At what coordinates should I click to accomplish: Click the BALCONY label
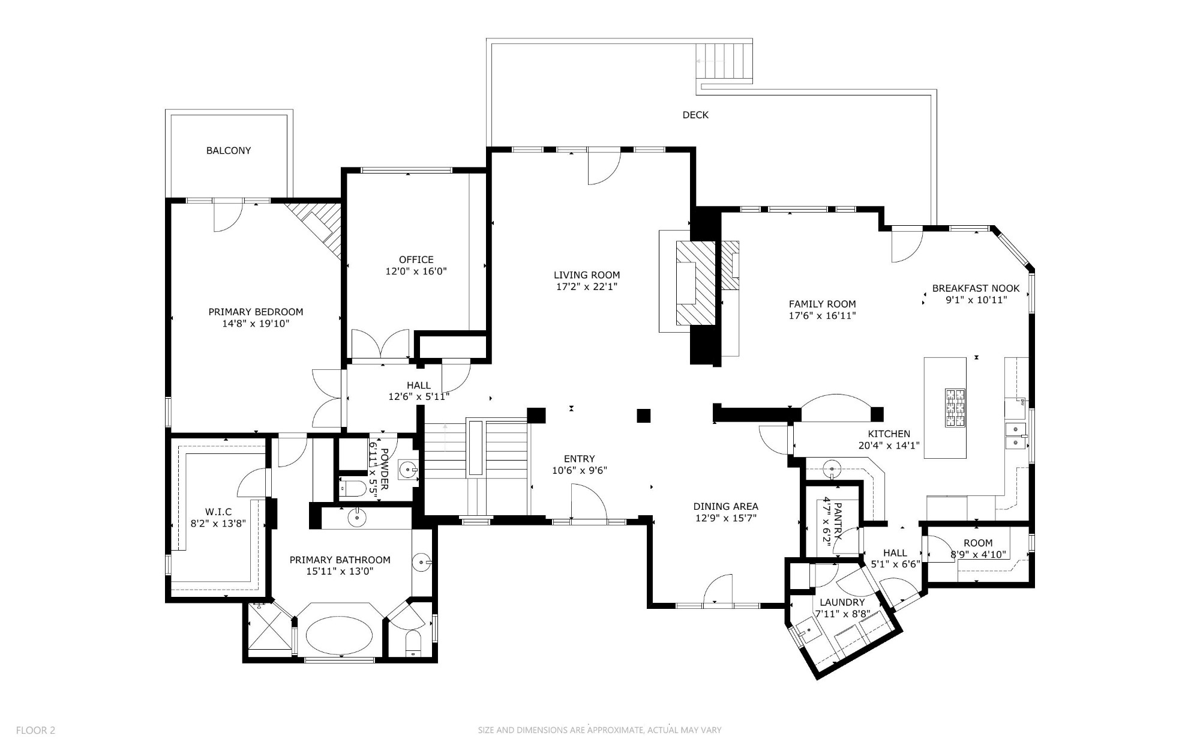pyautogui.click(x=229, y=151)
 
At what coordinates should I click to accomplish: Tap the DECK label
pyautogui.click(x=695, y=115)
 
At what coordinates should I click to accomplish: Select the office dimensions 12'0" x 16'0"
pyautogui.click(x=416, y=271)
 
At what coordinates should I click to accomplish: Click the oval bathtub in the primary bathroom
pyautogui.click(x=339, y=634)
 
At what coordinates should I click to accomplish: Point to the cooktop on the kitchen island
pyautogui.click(x=955, y=408)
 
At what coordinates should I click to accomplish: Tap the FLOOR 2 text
pyautogui.click(x=35, y=730)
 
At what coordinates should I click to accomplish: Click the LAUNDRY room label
pyautogui.click(x=842, y=602)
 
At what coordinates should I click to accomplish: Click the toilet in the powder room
pyautogui.click(x=354, y=488)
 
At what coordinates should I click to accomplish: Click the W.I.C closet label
pyautogui.click(x=218, y=512)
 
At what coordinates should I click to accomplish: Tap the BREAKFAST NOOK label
pyautogui.click(x=976, y=288)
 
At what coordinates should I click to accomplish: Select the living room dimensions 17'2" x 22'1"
pyautogui.click(x=586, y=287)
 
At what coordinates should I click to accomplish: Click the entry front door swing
pyautogui.click(x=588, y=503)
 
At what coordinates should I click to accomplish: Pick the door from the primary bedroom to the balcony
pyautogui.click(x=227, y=216)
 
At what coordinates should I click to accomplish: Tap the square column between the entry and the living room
pyautogui.click(x=644, y=416)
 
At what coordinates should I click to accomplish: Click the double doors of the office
pyautogui.click(x=380, y=345)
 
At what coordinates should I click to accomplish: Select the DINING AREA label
pyautogui.click(x=725, y=506)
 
